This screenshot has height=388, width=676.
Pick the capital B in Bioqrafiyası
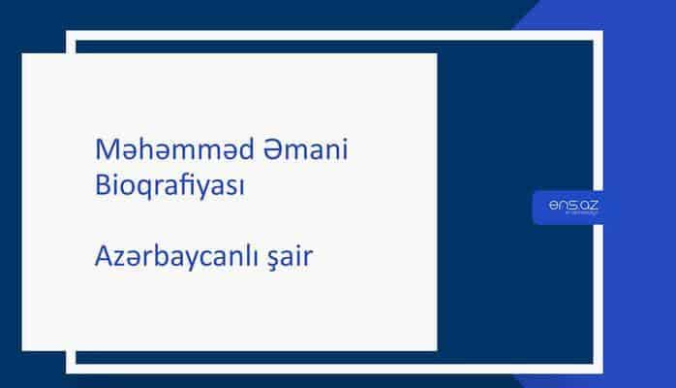104,185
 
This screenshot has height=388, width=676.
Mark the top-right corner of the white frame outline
599,34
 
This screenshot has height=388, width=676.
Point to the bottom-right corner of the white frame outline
599,370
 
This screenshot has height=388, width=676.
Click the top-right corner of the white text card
436,54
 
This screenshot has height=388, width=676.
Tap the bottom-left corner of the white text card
23,350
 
